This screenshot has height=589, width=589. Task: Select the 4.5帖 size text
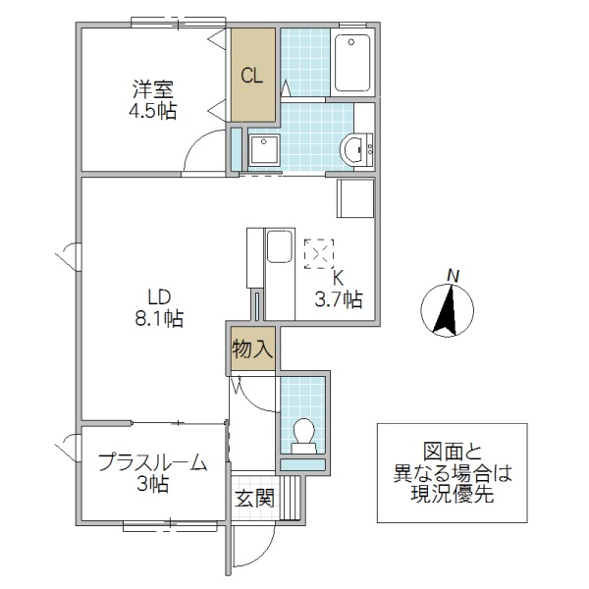154,111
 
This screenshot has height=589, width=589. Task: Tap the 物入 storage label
252,348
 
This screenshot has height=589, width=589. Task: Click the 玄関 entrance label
253,498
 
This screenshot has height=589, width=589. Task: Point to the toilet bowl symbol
303,433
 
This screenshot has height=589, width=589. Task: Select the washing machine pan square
263,150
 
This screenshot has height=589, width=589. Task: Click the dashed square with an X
319,253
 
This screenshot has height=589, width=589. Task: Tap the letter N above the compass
451,274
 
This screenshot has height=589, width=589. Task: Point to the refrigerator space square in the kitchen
355,199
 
